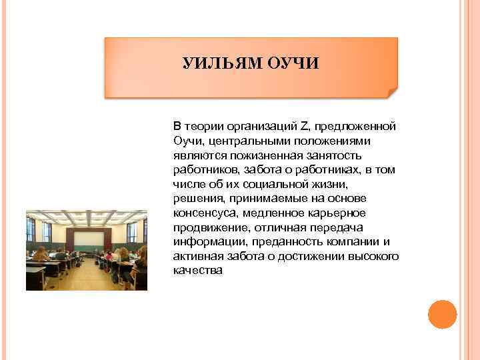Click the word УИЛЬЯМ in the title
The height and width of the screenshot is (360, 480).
[223, 64]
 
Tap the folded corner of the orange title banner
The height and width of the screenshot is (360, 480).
[391, 93]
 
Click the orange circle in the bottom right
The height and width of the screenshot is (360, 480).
[441, 314]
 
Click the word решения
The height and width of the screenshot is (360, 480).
[197, 199]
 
